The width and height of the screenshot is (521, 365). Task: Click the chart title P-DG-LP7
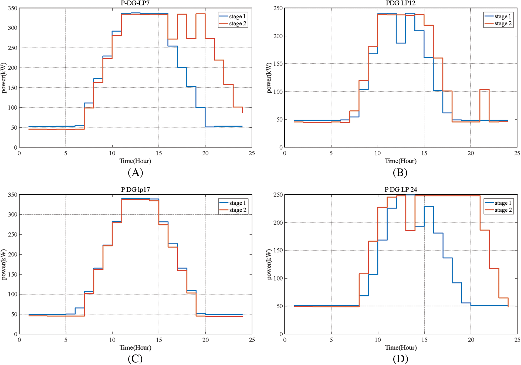tap(135, 3)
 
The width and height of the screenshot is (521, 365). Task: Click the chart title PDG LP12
tap(400, 3)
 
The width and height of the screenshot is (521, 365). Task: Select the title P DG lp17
tap(135, 190)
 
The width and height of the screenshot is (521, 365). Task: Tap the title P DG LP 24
tap(401, 190)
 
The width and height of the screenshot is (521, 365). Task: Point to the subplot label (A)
tap(135, 172)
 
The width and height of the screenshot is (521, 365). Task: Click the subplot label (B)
tap(400, 172)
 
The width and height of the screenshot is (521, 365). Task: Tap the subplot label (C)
tap(135, 359)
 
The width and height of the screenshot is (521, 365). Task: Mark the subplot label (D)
tap(400, 359)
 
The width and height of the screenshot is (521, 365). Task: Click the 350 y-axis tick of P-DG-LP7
tap(12, 8)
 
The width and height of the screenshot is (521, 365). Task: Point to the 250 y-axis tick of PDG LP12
tap(278, 8)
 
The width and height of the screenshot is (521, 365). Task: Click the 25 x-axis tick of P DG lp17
tap(252, 340)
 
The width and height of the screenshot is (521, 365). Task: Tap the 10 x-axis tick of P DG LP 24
tap(378, 340)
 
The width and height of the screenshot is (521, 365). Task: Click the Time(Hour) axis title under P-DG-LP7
tap(135, 161)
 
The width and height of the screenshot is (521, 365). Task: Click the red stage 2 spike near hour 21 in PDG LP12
tap(484, 90)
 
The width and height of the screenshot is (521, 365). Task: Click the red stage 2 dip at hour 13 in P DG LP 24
tap(410, 230)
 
